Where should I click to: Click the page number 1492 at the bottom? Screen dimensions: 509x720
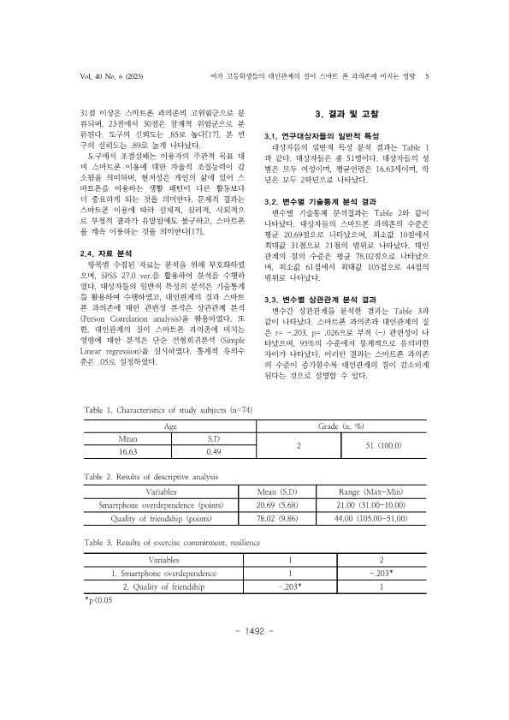(x=254, y=656)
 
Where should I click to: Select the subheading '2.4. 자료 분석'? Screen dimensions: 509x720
(x=98, y=229)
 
